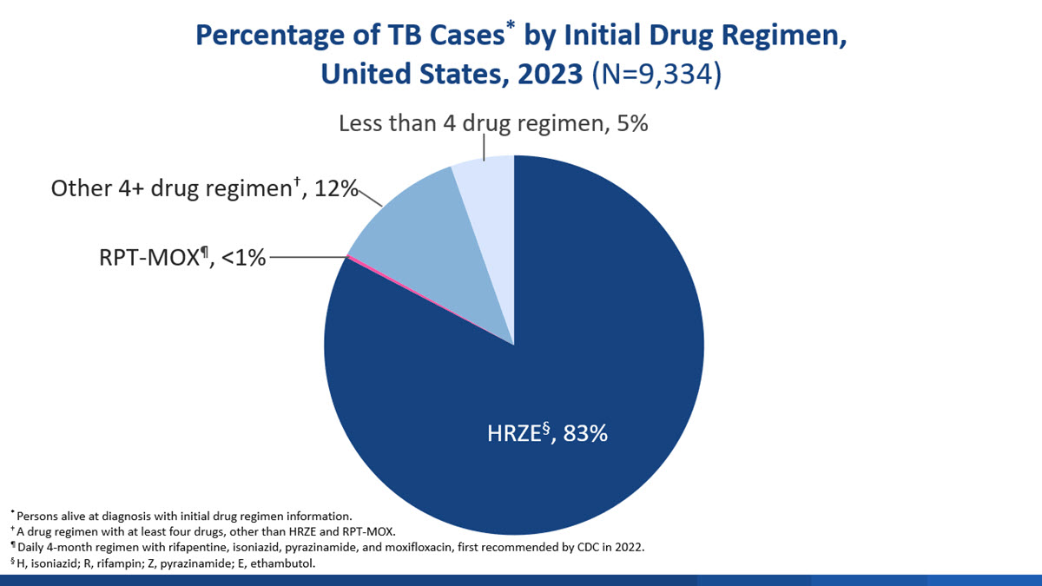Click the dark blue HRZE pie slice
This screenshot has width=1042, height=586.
[564, 365]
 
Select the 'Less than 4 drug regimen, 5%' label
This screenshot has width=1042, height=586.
[493, 123]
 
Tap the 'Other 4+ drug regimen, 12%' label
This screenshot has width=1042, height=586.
[204, 188]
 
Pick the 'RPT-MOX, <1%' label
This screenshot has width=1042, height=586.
[181, 257]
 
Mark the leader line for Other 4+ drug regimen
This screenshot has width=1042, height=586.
[371, 197]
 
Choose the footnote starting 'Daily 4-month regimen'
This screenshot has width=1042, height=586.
[330, 548]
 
